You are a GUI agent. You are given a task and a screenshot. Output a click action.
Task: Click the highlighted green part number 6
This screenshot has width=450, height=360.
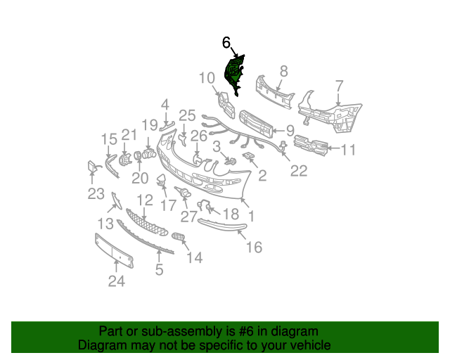click(233, 73)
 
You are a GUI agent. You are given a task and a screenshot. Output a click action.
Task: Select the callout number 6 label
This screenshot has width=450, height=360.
click(226, 43)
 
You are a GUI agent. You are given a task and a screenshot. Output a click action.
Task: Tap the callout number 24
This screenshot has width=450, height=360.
click(116, 282)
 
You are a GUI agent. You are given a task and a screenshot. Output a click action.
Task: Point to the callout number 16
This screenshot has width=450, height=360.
click(254, 247)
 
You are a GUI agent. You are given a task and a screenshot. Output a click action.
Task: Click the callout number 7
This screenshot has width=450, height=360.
click(339, 86)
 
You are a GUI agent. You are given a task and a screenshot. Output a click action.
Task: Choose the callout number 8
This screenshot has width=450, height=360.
click(284, 70)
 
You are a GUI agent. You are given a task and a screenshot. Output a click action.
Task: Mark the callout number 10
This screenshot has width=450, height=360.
click(206, 78)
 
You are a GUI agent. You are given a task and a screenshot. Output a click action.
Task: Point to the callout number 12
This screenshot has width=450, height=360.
click(143, 200)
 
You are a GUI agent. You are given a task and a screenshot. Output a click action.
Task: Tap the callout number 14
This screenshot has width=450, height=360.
click(194, 258)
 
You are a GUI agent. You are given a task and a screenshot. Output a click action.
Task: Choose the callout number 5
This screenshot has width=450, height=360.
click(159, 269)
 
